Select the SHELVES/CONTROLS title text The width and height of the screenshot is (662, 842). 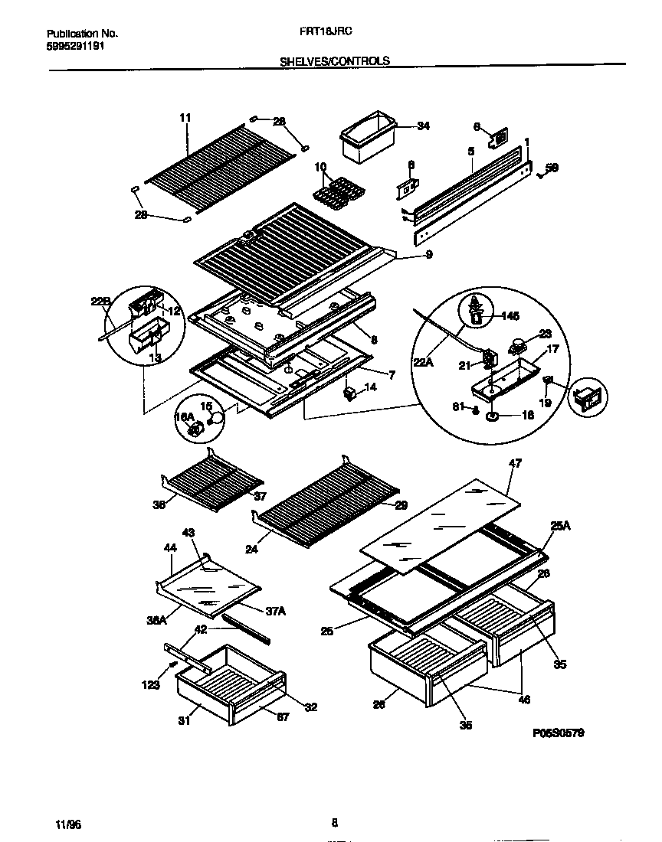pos(334,61)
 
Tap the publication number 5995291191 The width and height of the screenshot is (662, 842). pos(76,46)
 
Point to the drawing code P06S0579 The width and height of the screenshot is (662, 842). pos(559,733)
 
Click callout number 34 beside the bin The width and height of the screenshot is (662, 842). pos(424,127)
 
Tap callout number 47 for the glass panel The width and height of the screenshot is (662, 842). pos(515,464)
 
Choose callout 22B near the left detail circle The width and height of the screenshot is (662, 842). pos(100,302)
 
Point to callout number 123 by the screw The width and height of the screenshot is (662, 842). pos(150,685)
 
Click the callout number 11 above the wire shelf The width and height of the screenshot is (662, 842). pos(185,117)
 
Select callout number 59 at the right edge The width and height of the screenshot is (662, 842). pos(551,167)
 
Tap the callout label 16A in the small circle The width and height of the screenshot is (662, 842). pos(185,417)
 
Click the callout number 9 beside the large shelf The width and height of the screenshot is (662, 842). pos(428,255)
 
